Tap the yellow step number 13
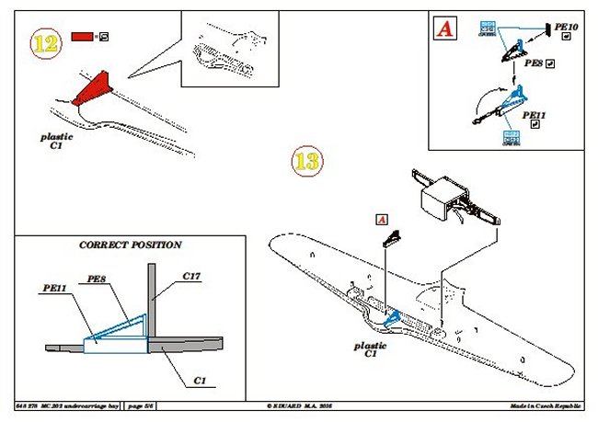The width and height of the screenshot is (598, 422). pos(307,163)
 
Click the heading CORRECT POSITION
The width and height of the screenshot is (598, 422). pos(130,245)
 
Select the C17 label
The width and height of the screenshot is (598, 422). pos(191,276)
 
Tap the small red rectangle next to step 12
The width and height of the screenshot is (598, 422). pos(81,38)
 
